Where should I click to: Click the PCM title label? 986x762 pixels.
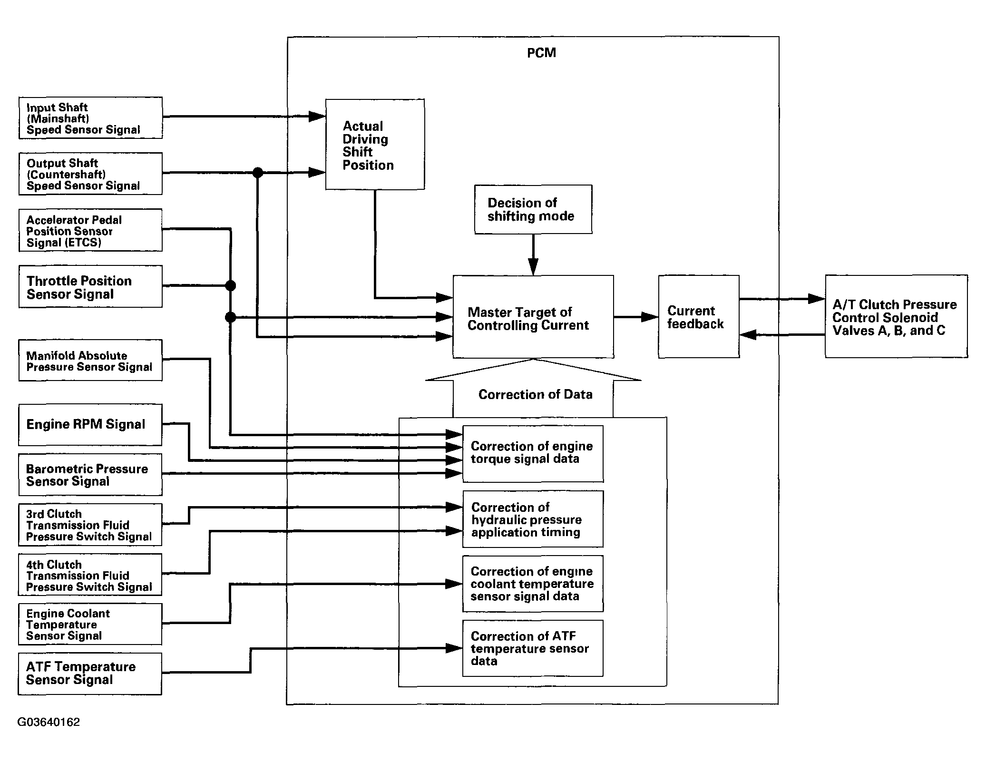point(541,52)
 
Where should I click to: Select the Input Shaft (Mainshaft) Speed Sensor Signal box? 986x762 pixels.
point(90,118)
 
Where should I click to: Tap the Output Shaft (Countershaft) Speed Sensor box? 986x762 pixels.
point(90,174)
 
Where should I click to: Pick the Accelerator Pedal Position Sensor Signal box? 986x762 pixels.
point(90,230)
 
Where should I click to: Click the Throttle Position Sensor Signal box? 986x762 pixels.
point(90,286)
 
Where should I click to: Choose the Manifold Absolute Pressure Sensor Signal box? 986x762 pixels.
point(90,361)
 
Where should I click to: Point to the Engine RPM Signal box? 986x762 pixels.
point(90,425)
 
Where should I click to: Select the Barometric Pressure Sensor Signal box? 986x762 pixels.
point(90,475)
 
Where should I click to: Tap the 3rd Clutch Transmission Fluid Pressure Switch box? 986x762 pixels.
point(90,525)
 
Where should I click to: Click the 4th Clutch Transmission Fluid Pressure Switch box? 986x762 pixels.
point(90,575)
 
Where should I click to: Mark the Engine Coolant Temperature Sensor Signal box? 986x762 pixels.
point(90,624)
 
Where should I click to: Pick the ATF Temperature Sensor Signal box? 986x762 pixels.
point(90,674)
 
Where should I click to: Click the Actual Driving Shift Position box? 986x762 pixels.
point(375,145)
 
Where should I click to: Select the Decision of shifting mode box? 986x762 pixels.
point(533,209)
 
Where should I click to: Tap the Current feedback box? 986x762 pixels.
point(698,317)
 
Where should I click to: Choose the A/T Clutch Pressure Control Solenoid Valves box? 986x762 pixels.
point(896,316)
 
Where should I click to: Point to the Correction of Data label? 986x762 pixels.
point(535,394)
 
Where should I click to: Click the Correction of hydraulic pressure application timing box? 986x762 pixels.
point(533,519)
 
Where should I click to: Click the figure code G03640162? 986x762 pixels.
point(49,722)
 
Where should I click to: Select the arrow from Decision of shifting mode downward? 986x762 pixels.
point(533,254)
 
